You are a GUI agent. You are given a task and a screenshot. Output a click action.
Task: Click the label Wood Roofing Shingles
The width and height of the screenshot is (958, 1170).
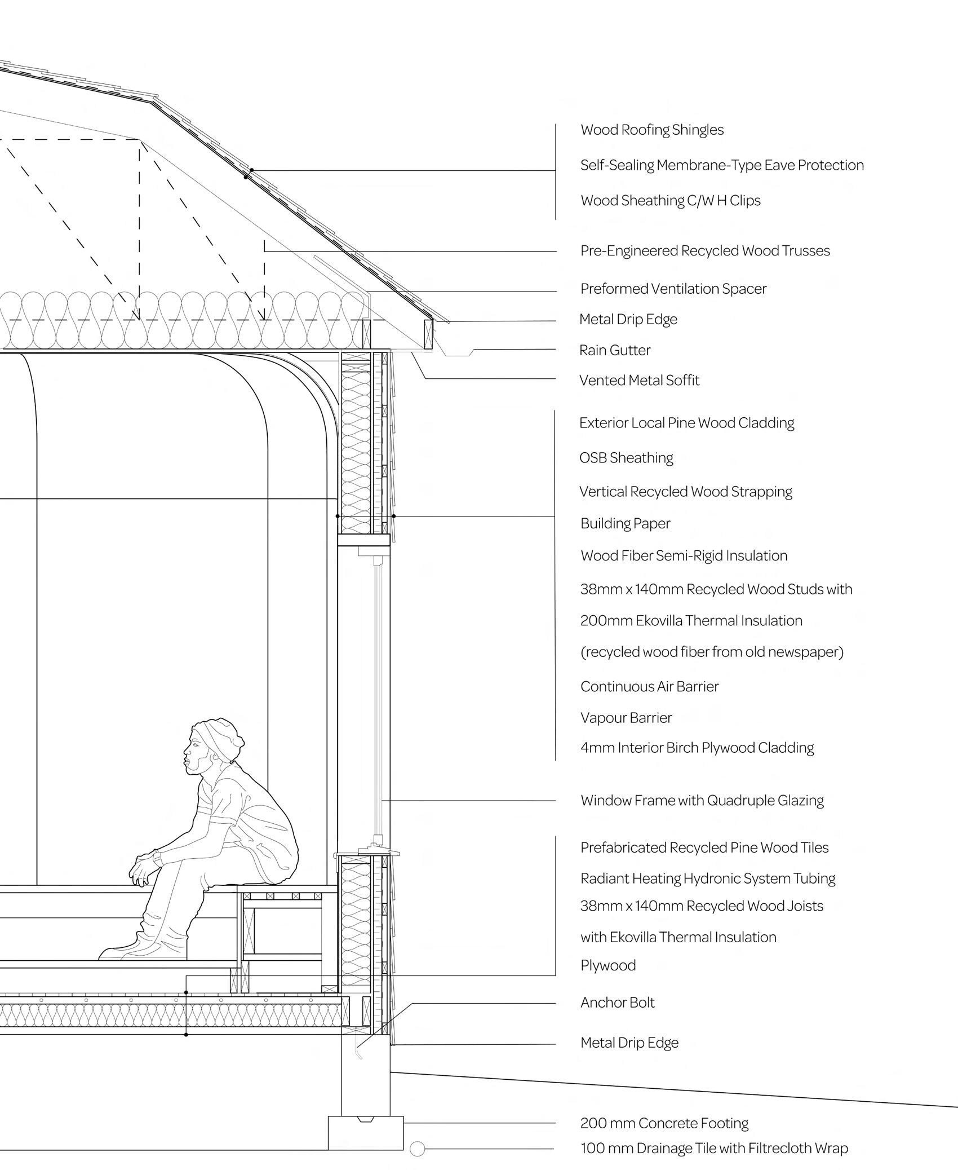[652, 130]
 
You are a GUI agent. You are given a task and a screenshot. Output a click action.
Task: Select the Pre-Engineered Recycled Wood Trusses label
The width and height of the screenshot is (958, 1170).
[705, 251]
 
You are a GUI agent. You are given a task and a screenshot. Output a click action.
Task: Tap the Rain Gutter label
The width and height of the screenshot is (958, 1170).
[615, 350]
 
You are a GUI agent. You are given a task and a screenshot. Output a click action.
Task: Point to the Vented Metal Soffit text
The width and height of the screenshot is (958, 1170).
[639, 381]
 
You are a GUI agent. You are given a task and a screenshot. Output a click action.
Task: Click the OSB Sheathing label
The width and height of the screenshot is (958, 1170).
[626, 458]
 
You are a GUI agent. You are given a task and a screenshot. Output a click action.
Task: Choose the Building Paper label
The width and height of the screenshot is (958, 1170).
[625, 524]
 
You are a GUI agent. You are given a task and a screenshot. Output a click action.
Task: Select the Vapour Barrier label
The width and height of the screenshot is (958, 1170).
[626, 718]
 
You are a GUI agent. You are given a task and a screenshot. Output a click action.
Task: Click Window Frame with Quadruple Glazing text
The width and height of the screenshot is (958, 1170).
[702, 801]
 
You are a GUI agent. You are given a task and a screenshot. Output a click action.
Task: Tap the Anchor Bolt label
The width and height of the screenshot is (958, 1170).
[618, 1003]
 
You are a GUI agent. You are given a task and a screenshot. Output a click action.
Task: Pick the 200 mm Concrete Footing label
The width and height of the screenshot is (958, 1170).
[664, 1123]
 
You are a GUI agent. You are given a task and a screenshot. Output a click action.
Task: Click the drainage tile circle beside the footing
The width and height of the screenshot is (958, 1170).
[417, 1149]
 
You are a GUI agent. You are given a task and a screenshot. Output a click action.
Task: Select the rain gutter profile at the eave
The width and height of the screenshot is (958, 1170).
[456, 351]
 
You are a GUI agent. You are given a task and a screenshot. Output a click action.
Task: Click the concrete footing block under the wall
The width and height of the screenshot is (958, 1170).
[366, 1133]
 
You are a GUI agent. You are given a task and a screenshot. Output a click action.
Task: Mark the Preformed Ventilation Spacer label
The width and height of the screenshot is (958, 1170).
[673, 289]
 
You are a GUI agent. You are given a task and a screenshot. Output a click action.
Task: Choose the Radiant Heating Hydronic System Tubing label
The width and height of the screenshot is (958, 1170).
[708, 878]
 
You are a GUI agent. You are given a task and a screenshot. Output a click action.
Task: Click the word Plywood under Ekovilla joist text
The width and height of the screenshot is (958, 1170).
[608, 965]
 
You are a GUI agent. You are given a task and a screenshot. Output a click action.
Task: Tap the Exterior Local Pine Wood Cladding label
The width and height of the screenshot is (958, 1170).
[687, 423]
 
